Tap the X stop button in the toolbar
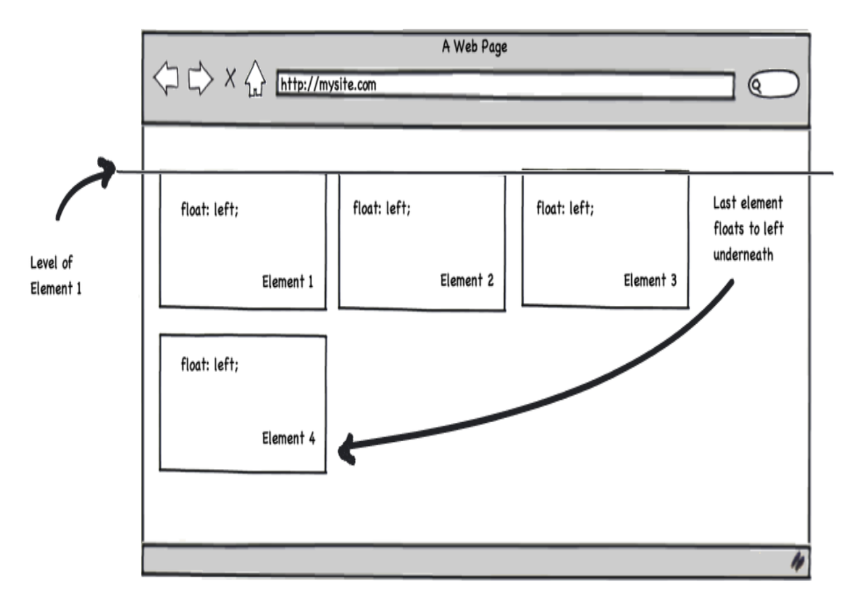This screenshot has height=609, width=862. (230, 79)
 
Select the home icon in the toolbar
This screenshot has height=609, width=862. (255, 80)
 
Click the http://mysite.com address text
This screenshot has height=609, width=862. (328, 85)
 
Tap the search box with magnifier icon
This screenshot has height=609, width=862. (773, 85)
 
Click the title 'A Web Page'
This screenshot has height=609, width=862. (475, 47)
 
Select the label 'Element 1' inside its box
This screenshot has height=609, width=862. (288, 281)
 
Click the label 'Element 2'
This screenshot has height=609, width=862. (467, 280)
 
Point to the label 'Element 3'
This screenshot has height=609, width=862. (650, 280)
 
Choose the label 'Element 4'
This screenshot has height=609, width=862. (288, 438)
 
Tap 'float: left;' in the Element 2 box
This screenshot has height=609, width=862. (381, 208)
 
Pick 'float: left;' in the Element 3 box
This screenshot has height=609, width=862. (565, 208)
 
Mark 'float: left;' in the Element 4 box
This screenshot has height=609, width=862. (209, 365)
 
